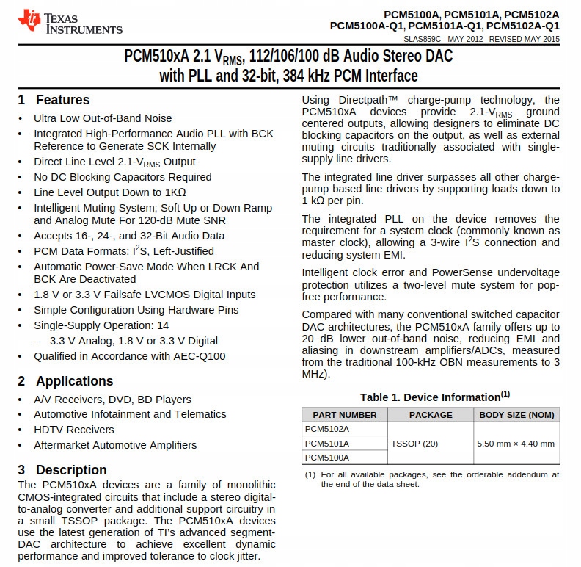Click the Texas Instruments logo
click(70, 22)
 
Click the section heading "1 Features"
click(54, 100)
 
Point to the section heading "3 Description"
click(62, 470)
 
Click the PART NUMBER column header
click(344, 415)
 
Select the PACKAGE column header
click(431, 415)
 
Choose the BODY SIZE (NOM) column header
click(516, 415)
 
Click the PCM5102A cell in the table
click(327, 429)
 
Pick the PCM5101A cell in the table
click(327, 444)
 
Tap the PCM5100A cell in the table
click(327, 457)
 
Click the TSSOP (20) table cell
click(414, 444)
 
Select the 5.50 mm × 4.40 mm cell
click(516, 444)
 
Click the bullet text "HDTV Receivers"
click(74, 430)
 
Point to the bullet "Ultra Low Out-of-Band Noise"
click(103, 118)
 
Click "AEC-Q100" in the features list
click(200, 356)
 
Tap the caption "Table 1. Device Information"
click(430, 397)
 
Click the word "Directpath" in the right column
click(365, 101)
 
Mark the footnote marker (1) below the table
click(310, 474)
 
